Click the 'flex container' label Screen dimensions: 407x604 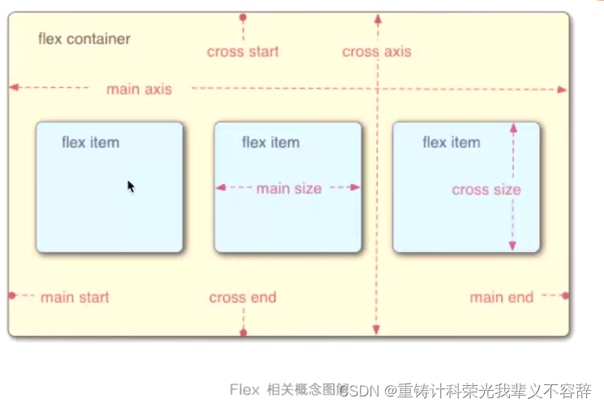84,39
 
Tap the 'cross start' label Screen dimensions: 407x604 242,52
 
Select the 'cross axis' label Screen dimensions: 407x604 376,52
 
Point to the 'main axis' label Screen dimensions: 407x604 139,89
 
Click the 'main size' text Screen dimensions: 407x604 289,189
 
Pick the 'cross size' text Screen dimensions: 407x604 486,190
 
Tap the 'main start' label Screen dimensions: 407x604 75,298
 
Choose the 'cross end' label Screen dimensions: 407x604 242,298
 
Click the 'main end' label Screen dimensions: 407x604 501,298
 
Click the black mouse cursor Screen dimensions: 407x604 131,186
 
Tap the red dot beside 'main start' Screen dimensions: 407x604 12,296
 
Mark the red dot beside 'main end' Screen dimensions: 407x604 565,296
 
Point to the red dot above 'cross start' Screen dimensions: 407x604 243,16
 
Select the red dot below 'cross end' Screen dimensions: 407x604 243,332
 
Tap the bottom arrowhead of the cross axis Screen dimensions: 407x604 376,330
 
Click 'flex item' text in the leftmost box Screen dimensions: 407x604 90,143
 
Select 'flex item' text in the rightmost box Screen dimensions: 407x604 451,143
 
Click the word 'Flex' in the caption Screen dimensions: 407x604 244,390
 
